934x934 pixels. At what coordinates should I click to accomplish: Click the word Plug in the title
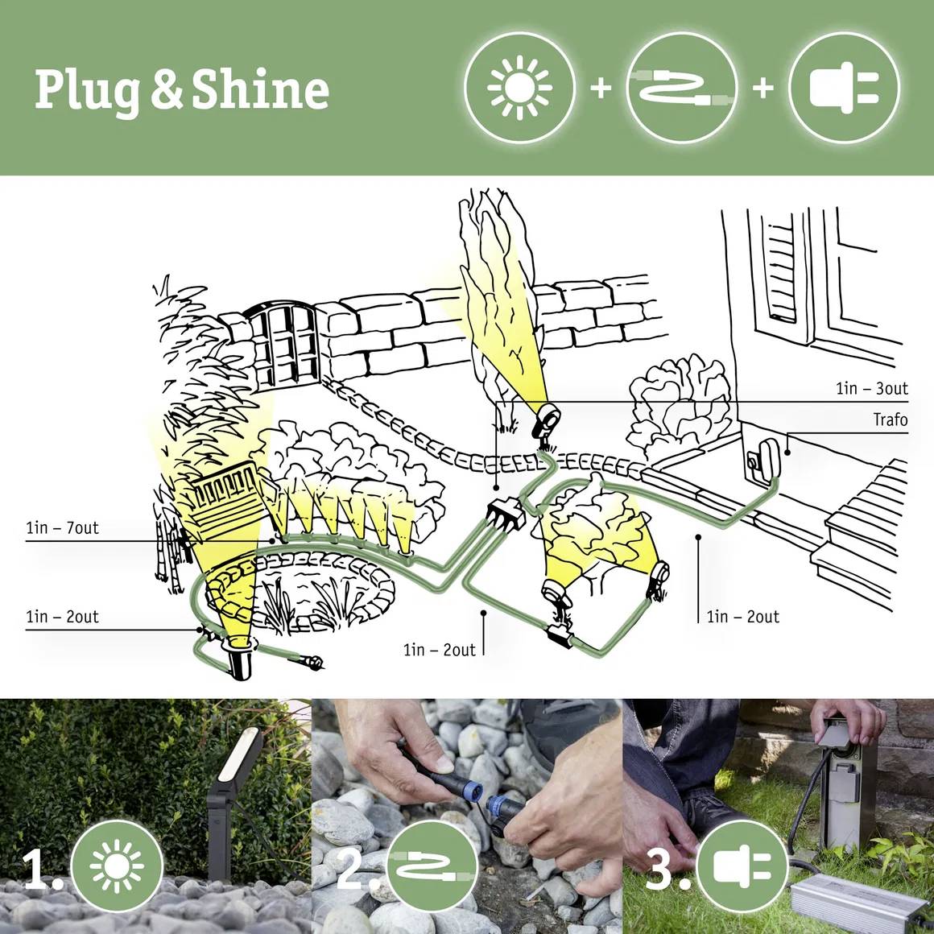pos(89,90)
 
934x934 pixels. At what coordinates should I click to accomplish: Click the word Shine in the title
pos(260,89)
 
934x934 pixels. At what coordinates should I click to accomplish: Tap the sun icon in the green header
pos(519,87)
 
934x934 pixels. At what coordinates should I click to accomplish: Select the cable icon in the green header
pos(681,87)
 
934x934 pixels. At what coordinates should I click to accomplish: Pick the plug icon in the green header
pos(843,87)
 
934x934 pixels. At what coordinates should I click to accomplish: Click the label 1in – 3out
pos(871,389)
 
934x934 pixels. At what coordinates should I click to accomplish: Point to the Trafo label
pos(890,419)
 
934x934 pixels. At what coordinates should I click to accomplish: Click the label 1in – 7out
pos(62,528)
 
